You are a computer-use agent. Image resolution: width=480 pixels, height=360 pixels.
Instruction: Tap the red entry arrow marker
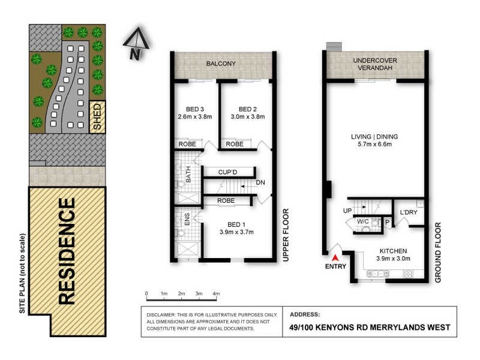335,257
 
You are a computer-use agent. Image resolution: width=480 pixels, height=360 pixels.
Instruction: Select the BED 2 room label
247,109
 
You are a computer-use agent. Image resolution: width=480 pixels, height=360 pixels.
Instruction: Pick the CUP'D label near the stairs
229,172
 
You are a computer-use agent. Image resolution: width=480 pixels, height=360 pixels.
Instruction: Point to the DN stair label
260,182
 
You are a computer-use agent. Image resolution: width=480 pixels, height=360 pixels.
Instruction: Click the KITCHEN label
393,251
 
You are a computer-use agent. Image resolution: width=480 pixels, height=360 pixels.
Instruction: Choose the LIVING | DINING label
374,136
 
